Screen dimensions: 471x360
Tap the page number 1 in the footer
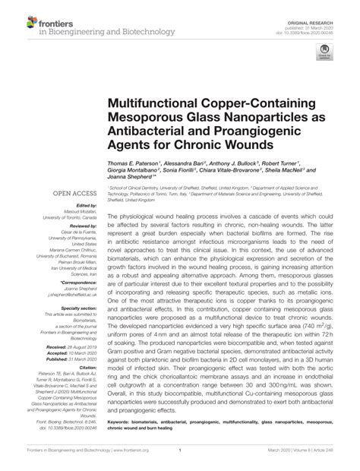pos(180,460)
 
